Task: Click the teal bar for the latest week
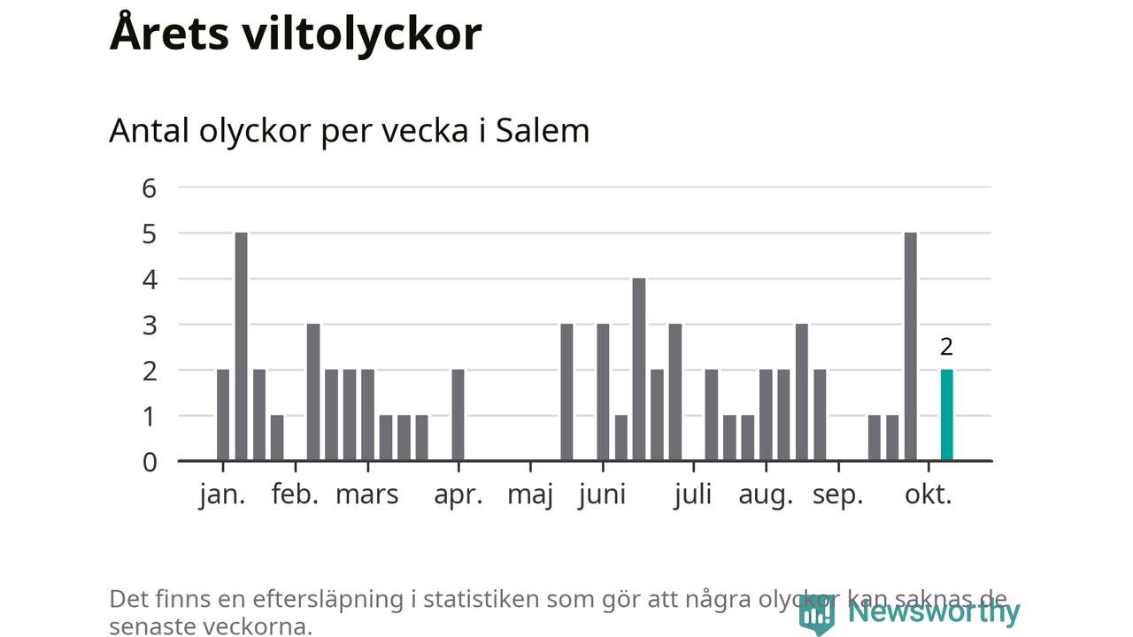click(x=946, y=415)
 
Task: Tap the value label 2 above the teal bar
click(x=947, y=347)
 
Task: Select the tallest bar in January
click(x=241, y=346)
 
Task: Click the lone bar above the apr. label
click(x=458, y=415)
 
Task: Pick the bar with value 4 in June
click(x=639, y=369)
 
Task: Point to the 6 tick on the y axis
click(x=149, y=188)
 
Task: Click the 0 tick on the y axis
click(x=149, y=461)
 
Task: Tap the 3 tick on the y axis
click(x=149, y=325)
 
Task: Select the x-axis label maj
click(x=530, y=495)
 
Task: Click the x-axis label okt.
click(x=929, y=495)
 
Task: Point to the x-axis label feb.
click(x=295, y=495)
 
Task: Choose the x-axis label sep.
click(x=837, y=495)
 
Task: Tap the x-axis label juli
click(x=692, y=495)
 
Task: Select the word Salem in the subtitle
click(x=542, y=130)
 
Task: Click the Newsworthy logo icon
click(x=816, y=612)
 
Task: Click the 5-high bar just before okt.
click(x=911, y=346)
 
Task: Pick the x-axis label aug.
click(x=766, y=495)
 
